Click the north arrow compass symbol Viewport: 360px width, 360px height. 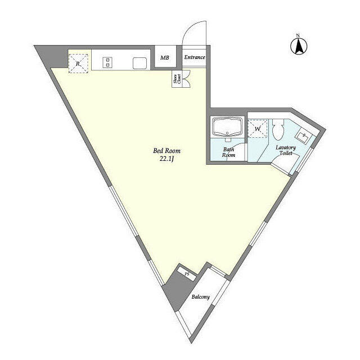[x=299, y=46]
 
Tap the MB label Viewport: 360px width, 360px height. [x=165, y=57]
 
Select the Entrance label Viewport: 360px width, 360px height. [x=195, y=57]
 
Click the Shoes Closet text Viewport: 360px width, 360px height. [x=177, y=79]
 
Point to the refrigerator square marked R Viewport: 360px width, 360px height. [x=78, y=64]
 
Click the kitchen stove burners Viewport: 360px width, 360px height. [x=107, y=62]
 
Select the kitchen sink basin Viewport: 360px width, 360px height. [x=140, y=63]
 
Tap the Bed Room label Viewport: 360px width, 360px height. [x=166, y=151]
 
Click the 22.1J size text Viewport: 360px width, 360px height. [x=166, y=159]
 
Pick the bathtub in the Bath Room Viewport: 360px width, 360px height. [x=227, y=128]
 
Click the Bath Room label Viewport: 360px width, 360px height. [x=229, y=152]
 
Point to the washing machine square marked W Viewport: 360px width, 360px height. [x=258, y=129]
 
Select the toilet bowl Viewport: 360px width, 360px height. [x=278, y=129]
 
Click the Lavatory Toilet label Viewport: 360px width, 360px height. [x=286, y=150]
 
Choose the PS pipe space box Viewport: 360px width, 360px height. [x=187, y=274]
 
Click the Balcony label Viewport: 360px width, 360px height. [x=201, y=297]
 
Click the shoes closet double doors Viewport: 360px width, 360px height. [x=186, y=79]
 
